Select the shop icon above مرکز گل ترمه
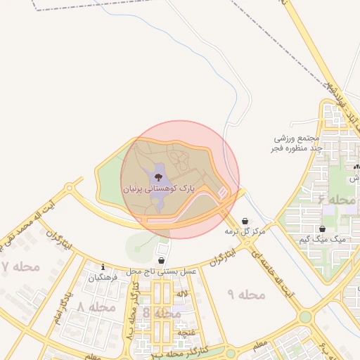coord(244,221)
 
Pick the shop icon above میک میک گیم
coord(322,229)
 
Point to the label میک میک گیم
coord(323,239)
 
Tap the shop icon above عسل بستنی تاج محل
coord(161,260)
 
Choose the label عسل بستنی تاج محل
coord(161,271)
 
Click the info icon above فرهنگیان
coord(103,267)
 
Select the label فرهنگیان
coord(104,278)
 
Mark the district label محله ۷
coord(21,267)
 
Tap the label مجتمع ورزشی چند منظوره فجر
coord(297,144)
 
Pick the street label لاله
coord(182,292)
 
